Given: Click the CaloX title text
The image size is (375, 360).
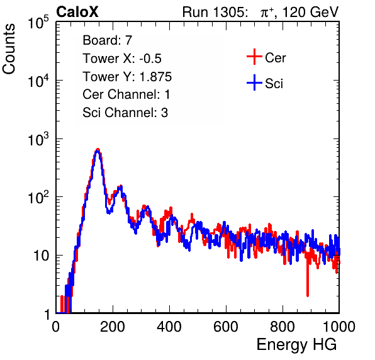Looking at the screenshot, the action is point(77,12).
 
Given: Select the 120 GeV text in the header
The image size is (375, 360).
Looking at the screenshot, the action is point(310,12).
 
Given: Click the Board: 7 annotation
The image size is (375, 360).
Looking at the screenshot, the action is point(108,40).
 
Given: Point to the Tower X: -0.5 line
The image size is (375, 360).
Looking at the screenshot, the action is point(122,59).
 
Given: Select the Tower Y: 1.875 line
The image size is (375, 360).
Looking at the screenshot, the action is point(127,77).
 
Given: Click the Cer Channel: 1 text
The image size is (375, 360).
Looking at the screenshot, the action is point(126,94).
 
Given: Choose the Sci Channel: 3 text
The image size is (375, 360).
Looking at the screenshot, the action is point(125,113).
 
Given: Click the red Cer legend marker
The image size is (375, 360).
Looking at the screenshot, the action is point(254,57).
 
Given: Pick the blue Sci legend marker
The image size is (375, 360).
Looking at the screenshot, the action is point(254,82).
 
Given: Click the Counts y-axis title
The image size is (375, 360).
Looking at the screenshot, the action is point(9,49).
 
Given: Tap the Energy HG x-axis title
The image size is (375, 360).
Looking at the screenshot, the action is point(296,345).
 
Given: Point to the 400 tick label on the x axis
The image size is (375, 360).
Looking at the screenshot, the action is point(169,327).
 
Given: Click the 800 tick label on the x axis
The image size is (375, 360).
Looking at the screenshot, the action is point(283,327).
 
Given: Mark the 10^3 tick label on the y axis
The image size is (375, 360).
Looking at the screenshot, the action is point(38,139).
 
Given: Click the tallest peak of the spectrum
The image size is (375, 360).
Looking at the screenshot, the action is point(98,150).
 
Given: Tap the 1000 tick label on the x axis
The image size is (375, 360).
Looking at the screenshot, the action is point(339,327).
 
